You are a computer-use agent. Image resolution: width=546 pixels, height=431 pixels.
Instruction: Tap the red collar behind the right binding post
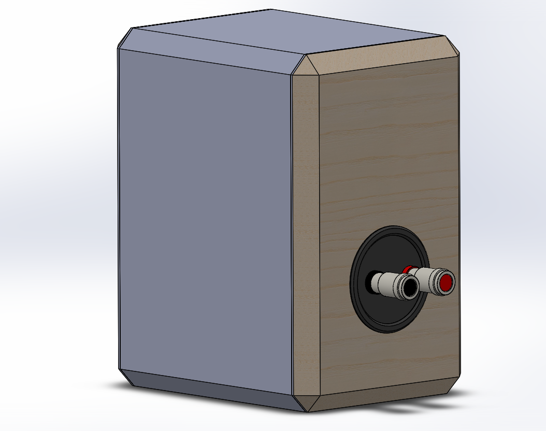(x=412, y=269)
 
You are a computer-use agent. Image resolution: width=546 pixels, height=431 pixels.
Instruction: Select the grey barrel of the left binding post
(x=385, y=283)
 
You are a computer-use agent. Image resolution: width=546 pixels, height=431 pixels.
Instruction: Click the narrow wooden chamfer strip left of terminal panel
(x=306, y=233)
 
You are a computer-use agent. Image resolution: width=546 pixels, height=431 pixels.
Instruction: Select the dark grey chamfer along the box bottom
(x=207, y=389)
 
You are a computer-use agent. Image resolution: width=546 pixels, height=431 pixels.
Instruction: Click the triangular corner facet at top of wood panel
(x=305, y=66)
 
